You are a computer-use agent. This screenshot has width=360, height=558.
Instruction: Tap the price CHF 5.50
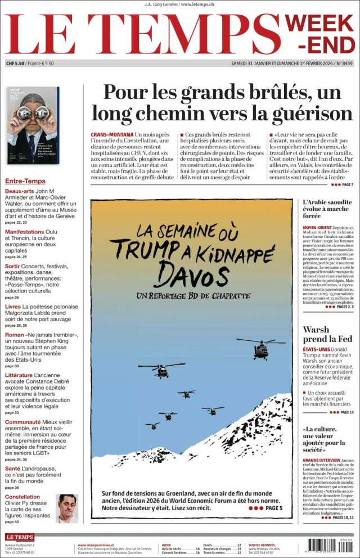click(16, 64)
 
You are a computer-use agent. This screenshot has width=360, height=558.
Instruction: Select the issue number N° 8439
click(344, 64)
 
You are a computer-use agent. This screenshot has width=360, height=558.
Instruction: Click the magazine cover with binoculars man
click(33, 125)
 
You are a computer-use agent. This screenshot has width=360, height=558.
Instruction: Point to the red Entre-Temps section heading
click(25, 181)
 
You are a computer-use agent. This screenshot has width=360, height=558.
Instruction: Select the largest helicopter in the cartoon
click(260, 348)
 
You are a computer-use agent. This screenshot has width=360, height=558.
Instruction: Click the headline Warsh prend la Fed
click(328, 334)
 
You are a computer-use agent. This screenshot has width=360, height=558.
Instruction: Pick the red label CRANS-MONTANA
click(112, 135)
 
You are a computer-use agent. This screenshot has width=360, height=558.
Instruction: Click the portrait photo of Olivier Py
click(67, 508)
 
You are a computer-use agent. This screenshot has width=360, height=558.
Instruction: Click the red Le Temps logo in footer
click(20, 537)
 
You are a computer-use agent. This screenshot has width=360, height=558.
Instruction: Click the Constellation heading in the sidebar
click(22, 497)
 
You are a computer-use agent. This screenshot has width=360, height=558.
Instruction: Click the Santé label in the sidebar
click(12, 468)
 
